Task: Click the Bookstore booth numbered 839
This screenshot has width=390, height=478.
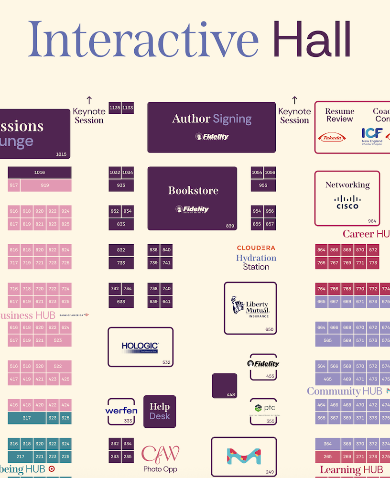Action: pos(192,198)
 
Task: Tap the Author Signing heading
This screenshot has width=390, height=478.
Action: pos(212,119)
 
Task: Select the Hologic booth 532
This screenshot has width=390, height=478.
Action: pos(140,347)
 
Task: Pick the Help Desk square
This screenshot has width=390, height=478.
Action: pos(160,411)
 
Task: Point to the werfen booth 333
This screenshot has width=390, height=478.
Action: pos(121,411)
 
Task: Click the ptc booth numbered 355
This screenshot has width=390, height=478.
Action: pos(263,411)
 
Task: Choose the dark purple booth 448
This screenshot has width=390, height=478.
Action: pos(224,385)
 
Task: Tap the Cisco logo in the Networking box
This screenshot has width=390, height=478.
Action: pos(347,202)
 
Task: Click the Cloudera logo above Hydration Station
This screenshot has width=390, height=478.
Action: pos(256,248)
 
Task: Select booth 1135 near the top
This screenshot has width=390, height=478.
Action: pos(115,108)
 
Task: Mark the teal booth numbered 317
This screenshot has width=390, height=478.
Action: pos(27,418)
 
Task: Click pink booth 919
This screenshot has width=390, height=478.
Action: pos(45,185)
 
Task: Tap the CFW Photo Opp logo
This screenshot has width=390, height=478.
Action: pos(160,454)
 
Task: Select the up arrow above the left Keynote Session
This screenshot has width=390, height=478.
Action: pos(89,100)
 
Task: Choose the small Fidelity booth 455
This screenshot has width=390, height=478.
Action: pos(263,367)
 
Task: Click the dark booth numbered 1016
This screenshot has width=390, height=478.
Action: pos(39,172)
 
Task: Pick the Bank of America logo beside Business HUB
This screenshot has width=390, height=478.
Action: pos(74,315)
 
